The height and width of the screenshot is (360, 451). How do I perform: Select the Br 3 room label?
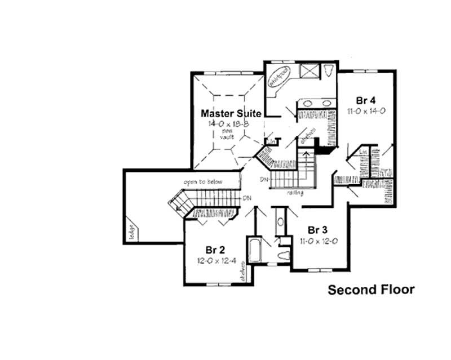(x=319, y=230)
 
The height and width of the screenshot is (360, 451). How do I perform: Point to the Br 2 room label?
(x=216, y=250)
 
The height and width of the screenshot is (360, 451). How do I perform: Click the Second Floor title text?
(x=371, y=290)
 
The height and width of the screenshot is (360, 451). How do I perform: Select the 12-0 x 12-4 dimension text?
(x=216, y=261)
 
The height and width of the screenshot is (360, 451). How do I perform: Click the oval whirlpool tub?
(x=279, y=74)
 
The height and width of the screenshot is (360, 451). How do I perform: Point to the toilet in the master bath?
(x=330, y=70)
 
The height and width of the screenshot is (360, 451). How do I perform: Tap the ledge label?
(x=131, y=230)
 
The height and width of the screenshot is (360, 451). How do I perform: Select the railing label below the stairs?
(x=294, y=193)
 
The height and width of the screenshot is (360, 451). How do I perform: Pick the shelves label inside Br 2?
(x=244, y=274)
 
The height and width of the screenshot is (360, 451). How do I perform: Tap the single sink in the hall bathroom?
(x=280, y=221)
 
